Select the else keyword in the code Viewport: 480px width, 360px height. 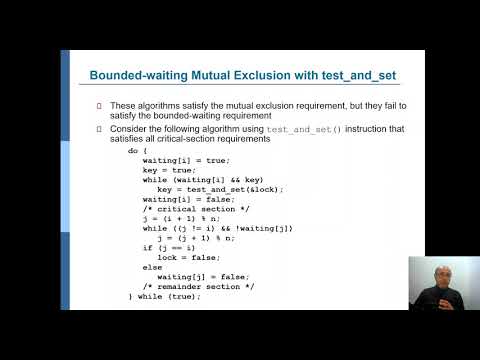coord(152,267)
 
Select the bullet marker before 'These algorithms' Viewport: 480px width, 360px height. coord(99,106)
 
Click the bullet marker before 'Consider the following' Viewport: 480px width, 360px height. coord(99,128)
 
